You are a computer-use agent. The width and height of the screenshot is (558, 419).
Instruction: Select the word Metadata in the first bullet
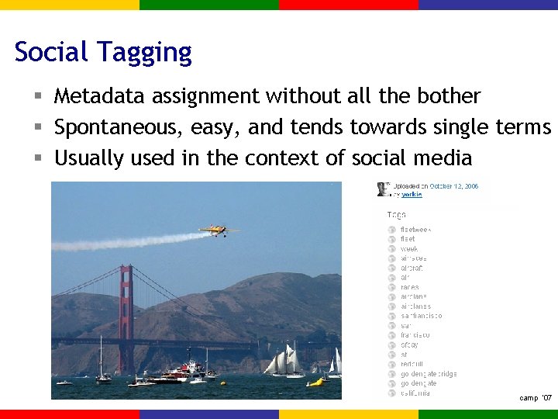tap(100, 96)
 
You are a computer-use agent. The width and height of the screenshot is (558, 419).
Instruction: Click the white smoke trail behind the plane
tap(124, 241)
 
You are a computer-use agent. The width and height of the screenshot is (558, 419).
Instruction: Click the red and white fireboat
tap(177, 375)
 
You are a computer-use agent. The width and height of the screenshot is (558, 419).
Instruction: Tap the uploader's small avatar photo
tap(383, 190)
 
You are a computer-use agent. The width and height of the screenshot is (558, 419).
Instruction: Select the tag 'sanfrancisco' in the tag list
tap(422, 316)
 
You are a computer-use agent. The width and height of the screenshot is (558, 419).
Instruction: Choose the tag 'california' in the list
tap(416, 393)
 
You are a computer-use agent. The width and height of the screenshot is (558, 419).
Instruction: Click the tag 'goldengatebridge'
tap(429, 374)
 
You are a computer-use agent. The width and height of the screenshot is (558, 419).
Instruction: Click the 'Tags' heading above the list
tap(396, 215)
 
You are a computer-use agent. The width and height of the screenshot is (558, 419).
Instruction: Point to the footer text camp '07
tap(535, 397)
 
